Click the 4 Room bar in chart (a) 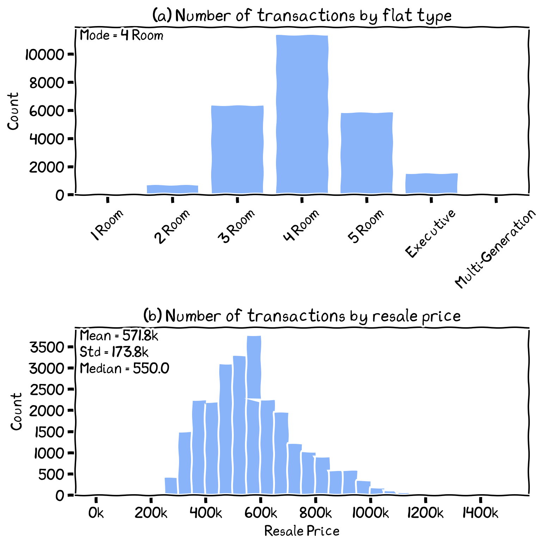click(302, 114)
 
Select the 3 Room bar click(237, 150)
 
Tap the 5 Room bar click(367, 153)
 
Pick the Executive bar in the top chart click(431, 184)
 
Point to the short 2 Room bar click(172, 190)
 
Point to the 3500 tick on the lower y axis click(46, 348)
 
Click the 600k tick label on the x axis click(260, 513)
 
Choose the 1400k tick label click(480, 513)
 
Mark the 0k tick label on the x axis click(96, 513)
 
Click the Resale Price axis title click(302, 531)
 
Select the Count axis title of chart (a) click(13, 111)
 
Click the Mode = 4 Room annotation click(122, 35)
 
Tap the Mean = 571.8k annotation click(119, 336)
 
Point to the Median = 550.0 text click(124, 369)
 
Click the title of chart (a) click(302, 15)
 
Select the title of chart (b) click(302, 316)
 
